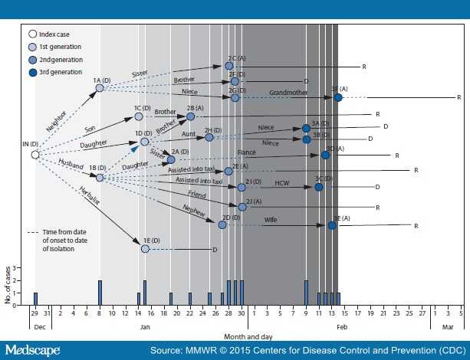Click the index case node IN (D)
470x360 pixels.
coord(35,155)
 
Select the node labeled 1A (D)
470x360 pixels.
coord(100,89)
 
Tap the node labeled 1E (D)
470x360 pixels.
coord(145,248)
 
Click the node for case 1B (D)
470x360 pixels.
coord(100,177)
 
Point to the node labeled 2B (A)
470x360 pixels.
coord(191,116)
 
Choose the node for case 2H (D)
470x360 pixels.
coord(209,138)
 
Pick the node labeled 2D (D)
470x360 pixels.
coord(223,224)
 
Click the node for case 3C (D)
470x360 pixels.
coord(319,187)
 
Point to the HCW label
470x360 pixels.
coord(281,182)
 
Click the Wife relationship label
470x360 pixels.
coord(271,220)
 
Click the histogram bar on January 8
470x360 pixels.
coord(100,292)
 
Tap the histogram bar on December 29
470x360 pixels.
coord(35,298)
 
